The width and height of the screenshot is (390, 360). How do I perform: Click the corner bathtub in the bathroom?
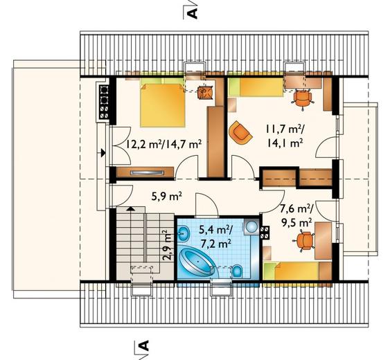[x=197, y=261]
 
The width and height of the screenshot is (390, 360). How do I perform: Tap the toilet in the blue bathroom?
[x=238, y=271]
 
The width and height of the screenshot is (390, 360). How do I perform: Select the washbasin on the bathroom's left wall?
[x=184, y=233]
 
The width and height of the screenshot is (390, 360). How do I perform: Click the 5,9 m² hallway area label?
[x=167, y=197]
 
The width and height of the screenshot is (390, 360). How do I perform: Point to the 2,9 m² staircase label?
[x=168, y=245]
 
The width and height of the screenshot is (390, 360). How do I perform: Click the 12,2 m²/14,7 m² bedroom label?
[x=163, y=144]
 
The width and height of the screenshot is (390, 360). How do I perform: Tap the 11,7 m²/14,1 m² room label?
[x=285, y=136]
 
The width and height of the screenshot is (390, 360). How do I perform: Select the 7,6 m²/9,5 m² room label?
[x=296, y=215]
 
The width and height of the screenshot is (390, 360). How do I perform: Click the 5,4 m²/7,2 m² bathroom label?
[x=215, y=237]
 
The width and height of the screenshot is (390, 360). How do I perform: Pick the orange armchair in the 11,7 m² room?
[x=240, y=132]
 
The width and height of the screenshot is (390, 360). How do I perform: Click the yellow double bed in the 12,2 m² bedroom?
[x=162, y=105]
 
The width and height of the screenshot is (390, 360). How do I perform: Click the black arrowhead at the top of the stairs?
[x=129, y=208]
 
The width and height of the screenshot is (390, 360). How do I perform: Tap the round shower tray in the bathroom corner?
[x=251, y=226]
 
